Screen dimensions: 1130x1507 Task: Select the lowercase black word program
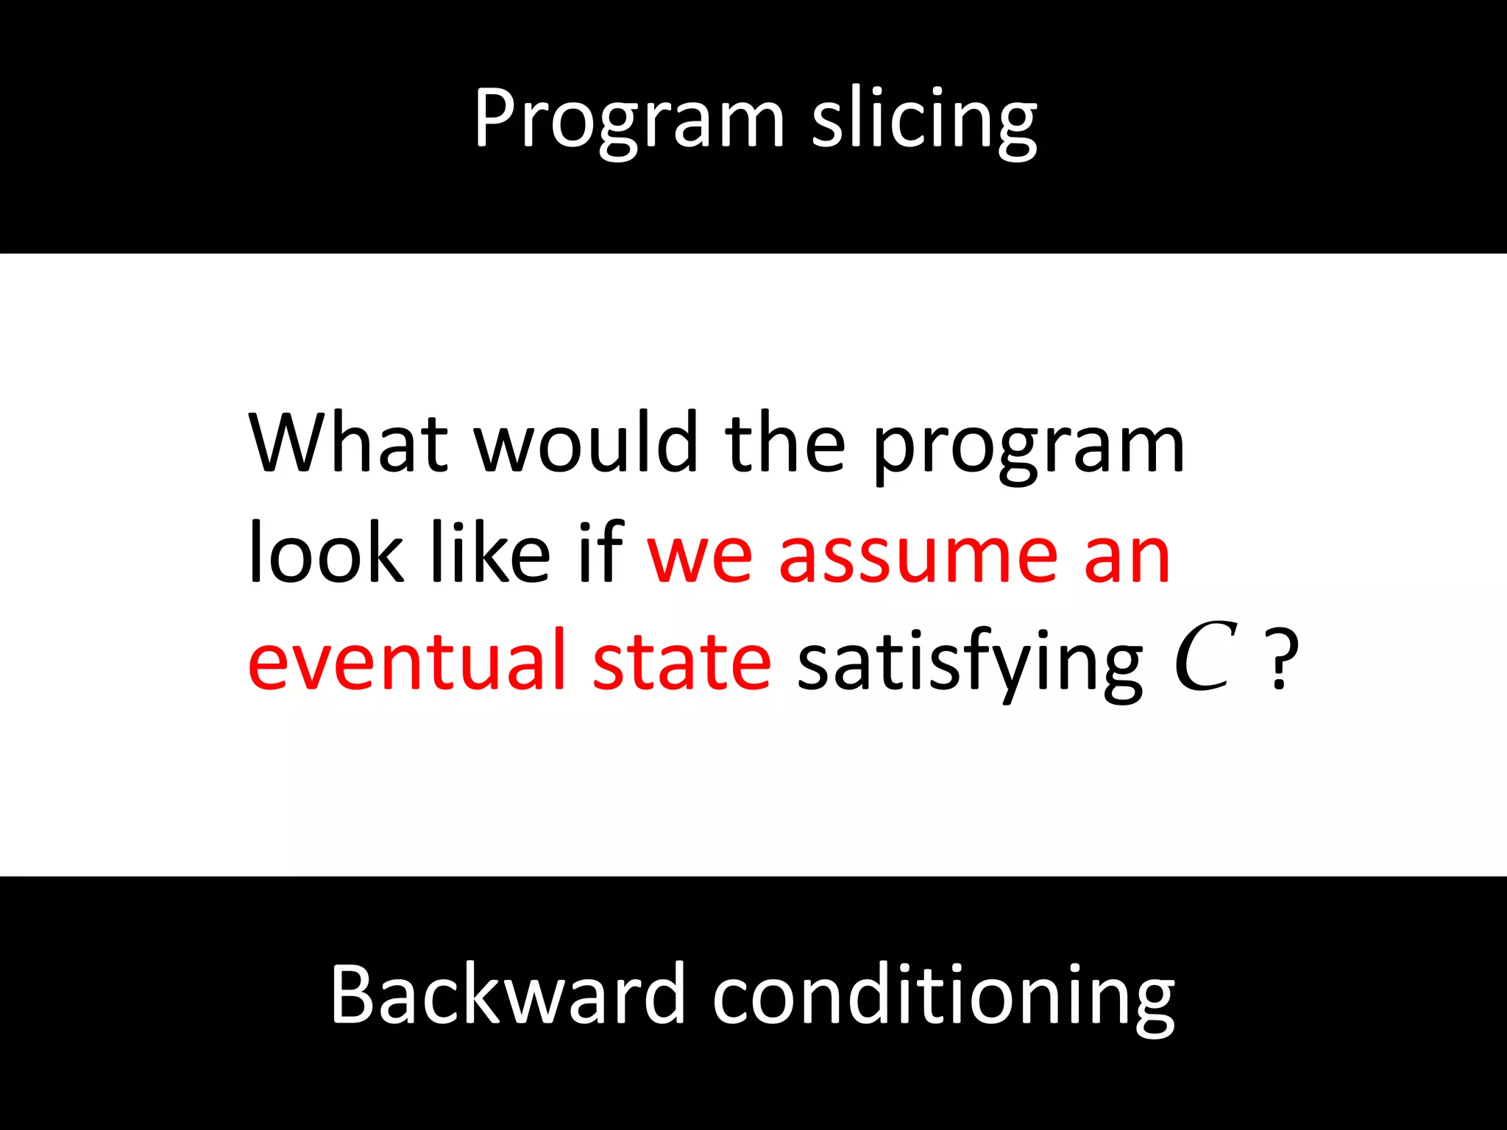tap(1029, 449)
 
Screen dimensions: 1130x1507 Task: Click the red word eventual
tap(407, 661)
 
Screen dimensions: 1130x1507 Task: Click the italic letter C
tap(1205, 656)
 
